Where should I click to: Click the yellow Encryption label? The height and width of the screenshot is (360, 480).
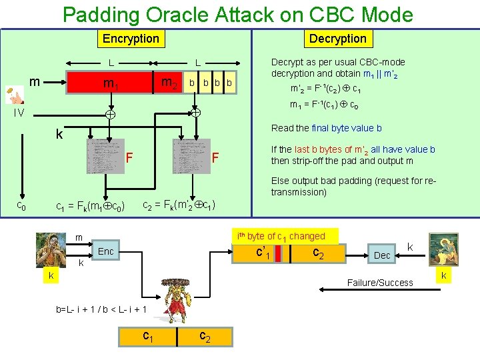[x=131, y=39]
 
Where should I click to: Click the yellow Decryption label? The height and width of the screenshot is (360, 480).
[x=337, y=39]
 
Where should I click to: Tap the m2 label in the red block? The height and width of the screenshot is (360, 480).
[x=170, y=83]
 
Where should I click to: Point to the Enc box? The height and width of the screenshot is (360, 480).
[x=105, y=251]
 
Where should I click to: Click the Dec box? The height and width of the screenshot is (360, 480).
[x=382, y=255]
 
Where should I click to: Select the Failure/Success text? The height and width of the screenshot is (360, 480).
[x=380, y=283]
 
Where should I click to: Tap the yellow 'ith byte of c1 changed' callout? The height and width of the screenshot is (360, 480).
[x=286, y=236]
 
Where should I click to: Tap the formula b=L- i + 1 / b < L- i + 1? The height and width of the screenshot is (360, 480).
[x=102, y=310]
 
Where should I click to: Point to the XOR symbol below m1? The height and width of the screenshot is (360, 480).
[x=111, y=115]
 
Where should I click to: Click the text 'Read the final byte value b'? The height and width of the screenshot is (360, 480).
[x=326, y=129]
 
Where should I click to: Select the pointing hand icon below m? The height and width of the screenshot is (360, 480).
[x=13, y=96]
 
